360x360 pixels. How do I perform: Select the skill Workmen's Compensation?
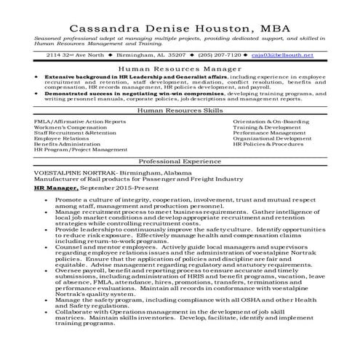71,127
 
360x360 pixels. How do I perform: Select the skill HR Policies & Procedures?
268,145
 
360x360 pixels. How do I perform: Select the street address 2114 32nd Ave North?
73,55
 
